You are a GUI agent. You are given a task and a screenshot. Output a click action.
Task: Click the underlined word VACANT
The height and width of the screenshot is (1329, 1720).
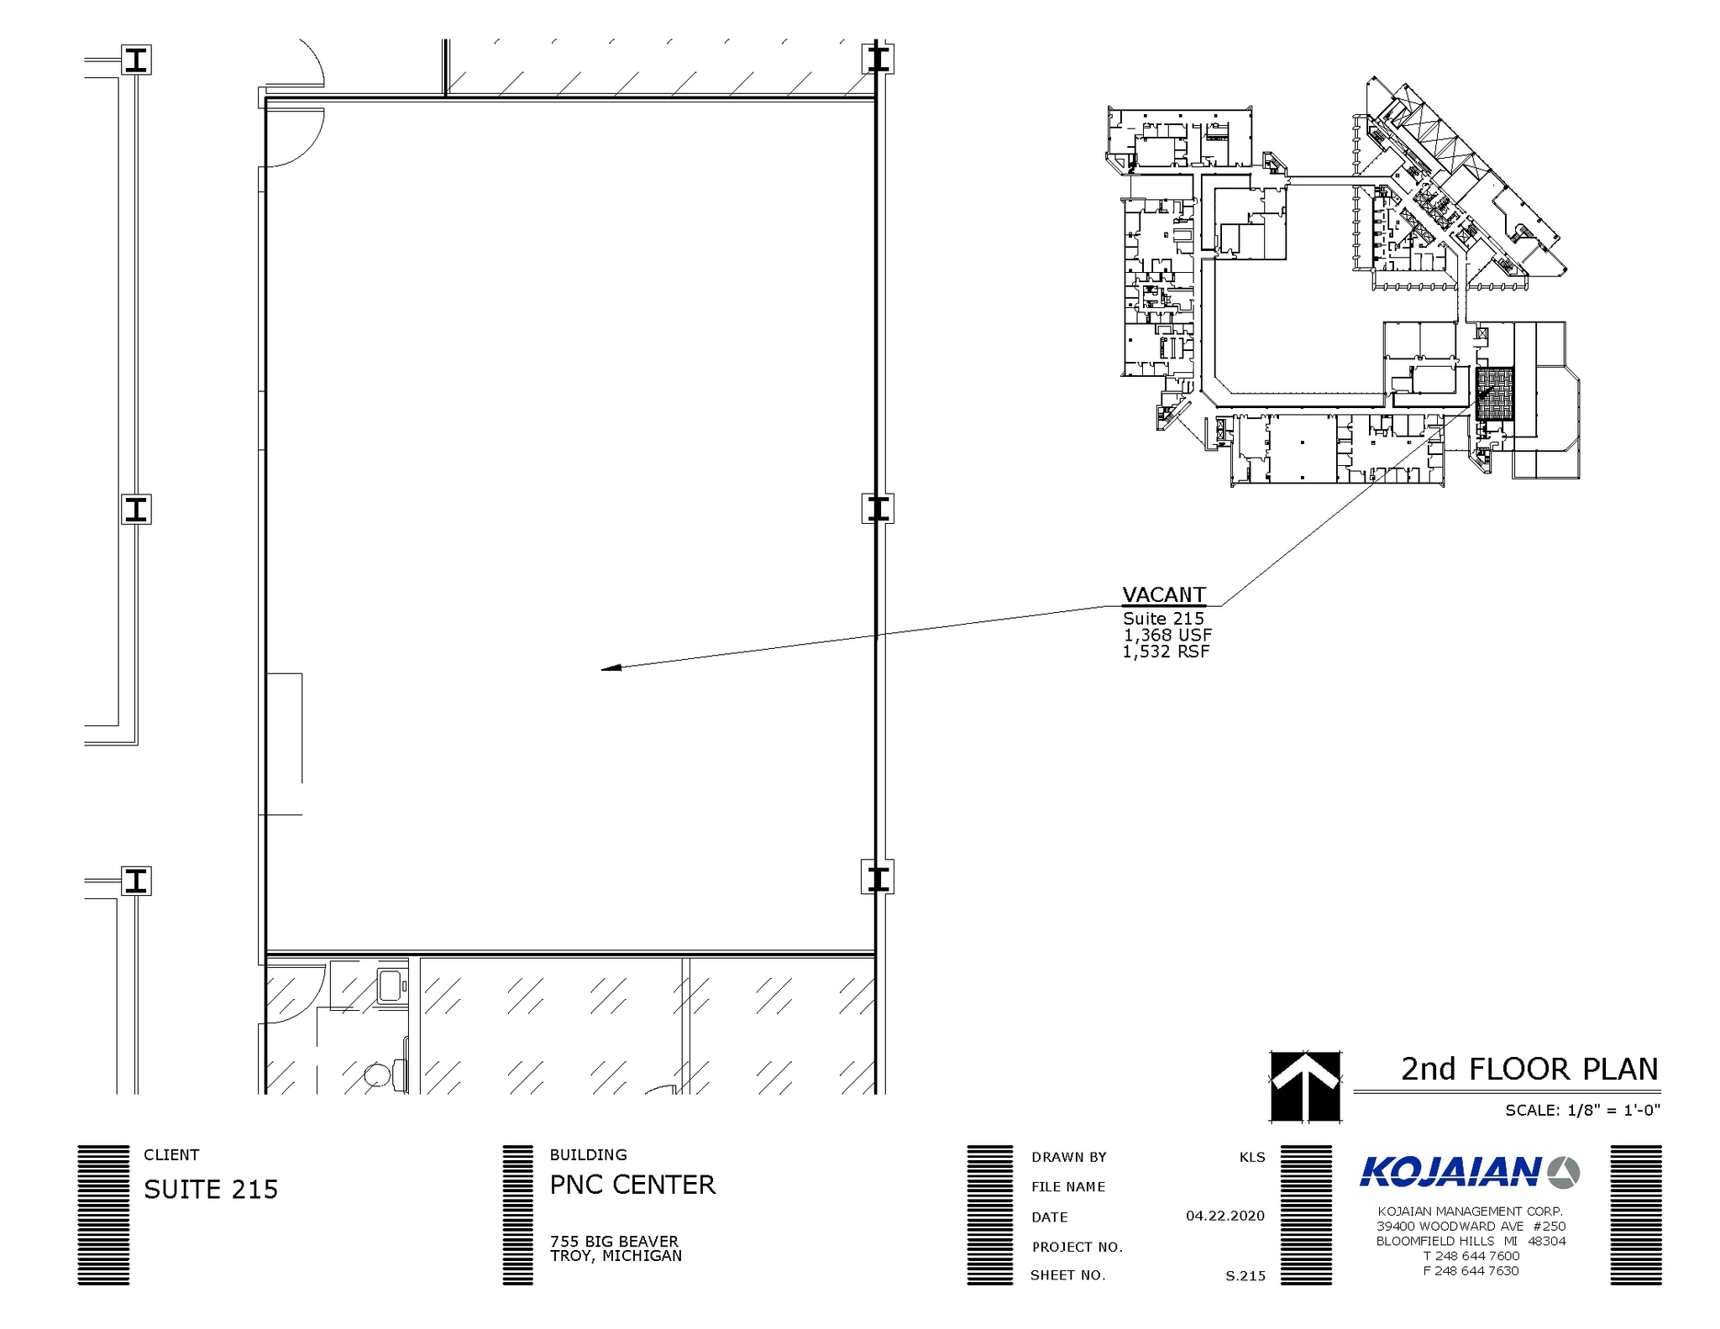(x=1164, y=594)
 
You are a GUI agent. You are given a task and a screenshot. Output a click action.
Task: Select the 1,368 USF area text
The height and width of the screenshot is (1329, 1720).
(x=1167, y=636)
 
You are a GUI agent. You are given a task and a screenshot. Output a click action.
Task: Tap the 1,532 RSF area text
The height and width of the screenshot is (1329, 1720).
(x=1166, y=651)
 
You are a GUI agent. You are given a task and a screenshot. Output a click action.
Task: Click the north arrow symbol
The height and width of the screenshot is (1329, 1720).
(x=1305, y=1086)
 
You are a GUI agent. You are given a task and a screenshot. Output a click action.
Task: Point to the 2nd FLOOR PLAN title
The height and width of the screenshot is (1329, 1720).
(x=1529, y=1069)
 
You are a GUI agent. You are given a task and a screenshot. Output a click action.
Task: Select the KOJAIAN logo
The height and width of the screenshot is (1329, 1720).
(x=1469, y=1172)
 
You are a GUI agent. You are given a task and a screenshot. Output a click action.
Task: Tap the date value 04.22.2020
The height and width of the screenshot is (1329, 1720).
(x=1224, y=1216)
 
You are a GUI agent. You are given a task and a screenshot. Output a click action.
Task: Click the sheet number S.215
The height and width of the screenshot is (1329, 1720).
(x=1245, y=1276)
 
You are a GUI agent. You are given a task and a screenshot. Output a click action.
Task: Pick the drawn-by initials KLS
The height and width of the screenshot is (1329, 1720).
(x=1251, y=1157)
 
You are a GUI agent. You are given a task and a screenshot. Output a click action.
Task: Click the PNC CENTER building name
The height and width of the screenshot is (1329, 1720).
(x=632, y=1185)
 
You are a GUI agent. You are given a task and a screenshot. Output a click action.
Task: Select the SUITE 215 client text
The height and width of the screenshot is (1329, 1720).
(x=211, y=1190)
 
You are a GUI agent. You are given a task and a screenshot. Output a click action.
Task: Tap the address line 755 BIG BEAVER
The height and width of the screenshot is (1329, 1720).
(x=614, y=1241)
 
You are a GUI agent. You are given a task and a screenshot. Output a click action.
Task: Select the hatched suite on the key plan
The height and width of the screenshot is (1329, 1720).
(x=1494, y=394)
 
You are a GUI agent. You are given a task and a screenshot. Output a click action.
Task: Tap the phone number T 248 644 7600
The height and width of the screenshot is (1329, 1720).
(x=1471, y=1256)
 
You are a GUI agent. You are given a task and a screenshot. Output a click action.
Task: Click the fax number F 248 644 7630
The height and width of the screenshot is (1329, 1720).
(x=1471, y=1271)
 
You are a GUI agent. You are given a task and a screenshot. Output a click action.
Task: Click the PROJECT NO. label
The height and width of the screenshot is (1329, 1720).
(x=1077, y=1247)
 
